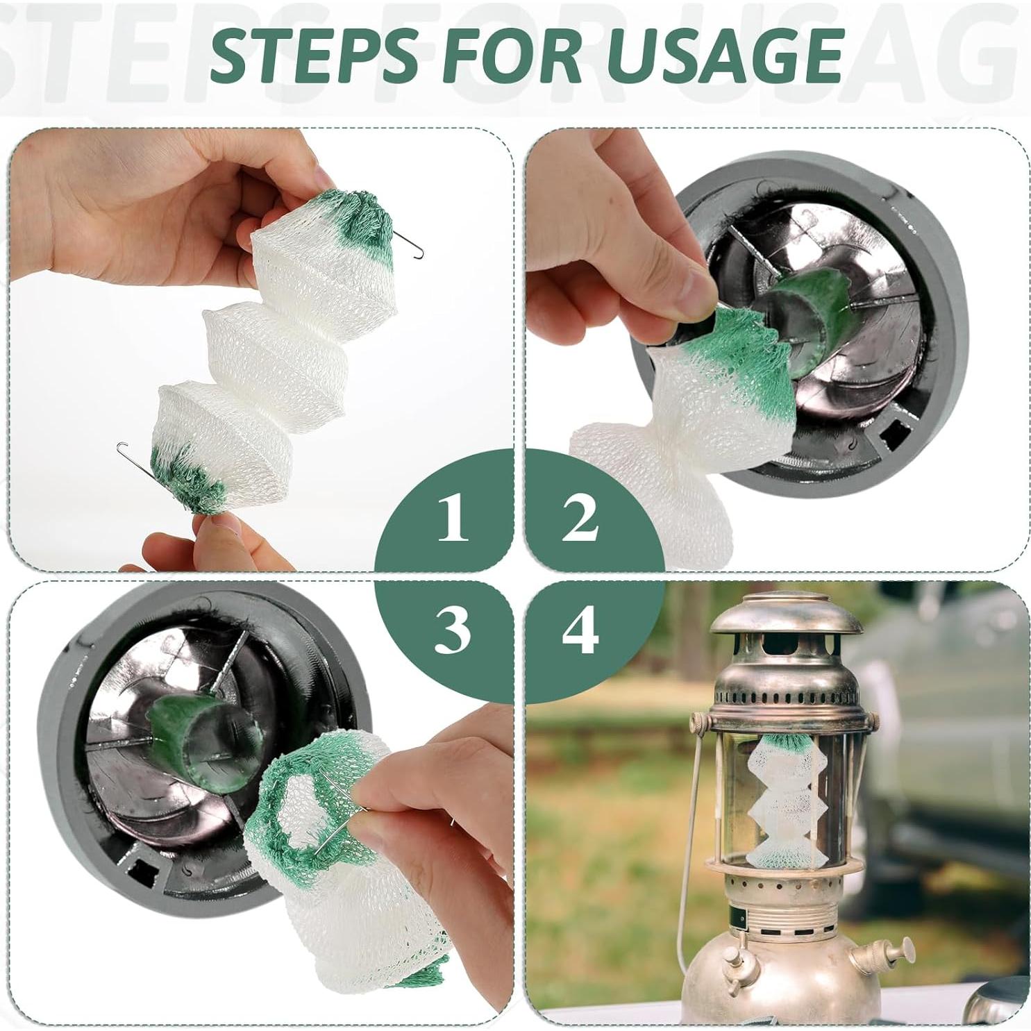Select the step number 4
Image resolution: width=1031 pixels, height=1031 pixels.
tap(580, 630)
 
